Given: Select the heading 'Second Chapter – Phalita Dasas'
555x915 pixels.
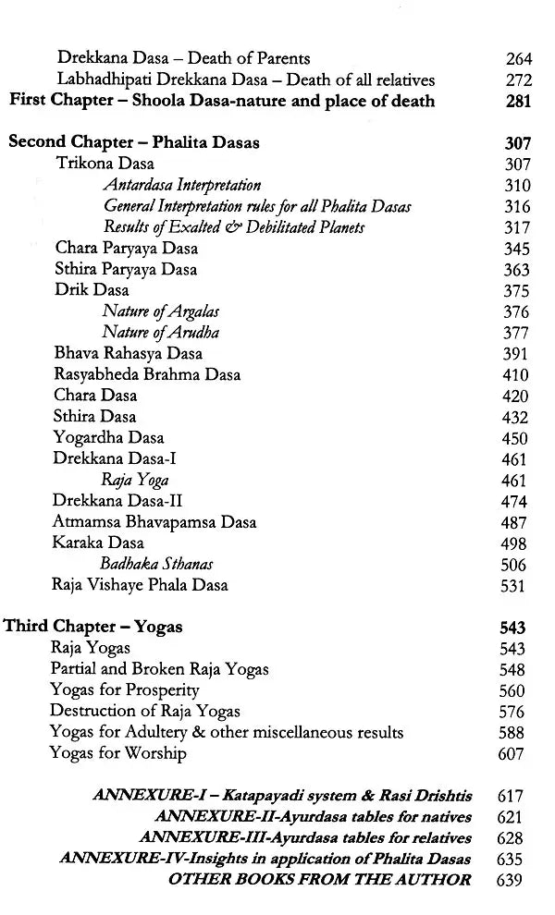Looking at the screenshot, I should [133, 143].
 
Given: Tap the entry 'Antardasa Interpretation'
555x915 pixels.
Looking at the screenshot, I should [181, 186].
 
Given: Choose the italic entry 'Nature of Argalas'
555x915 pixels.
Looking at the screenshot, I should [161, 312].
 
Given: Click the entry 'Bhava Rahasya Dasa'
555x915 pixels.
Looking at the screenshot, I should [129, 354].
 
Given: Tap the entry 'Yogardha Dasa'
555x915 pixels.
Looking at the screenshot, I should [109, 438].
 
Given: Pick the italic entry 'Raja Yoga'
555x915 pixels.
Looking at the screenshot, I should [135, 481].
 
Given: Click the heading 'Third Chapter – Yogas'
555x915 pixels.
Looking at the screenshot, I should [93, 627].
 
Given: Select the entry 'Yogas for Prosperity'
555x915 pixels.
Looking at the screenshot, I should [125, 690].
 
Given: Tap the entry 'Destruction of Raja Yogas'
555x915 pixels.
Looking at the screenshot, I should [145, 711].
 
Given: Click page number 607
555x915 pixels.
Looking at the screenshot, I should [511, 754].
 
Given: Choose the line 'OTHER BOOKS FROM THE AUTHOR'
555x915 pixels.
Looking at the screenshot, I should [319, 879].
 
